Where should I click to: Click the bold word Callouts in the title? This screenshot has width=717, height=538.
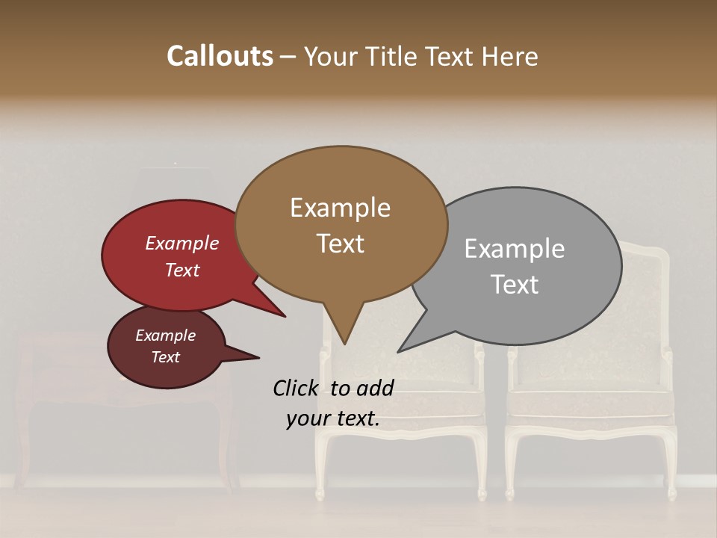coord(220,56)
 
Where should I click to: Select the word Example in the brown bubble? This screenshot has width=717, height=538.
coord(340,208)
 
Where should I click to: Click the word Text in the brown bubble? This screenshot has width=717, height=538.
coord(340,244)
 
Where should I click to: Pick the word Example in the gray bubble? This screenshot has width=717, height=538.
coord(514,249)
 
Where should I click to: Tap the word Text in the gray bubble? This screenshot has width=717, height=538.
coord(514,285)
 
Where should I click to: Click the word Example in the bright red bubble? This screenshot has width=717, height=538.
coord(181,244)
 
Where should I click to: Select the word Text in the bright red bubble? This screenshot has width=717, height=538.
coord(181,270)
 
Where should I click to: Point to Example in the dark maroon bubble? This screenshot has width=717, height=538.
coord(165,336)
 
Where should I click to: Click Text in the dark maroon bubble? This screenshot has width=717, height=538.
coord(165,357)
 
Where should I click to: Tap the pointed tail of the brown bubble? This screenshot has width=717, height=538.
coord(344,336)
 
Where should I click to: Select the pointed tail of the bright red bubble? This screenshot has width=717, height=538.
coord(276,312)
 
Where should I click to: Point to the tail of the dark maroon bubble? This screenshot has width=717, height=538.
coord(250,356)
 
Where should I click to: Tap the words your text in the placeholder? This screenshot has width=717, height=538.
coord(332,419)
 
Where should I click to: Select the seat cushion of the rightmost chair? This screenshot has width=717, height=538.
coord(590,403)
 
